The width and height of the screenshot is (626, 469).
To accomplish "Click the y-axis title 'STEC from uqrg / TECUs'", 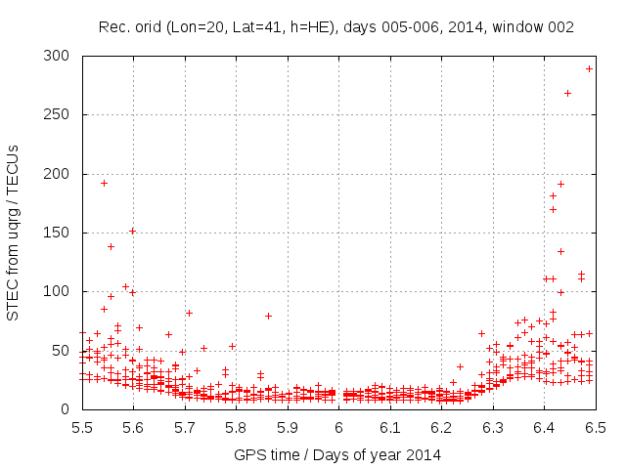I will (13, 233).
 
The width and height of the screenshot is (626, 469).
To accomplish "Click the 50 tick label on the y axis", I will (66, 350).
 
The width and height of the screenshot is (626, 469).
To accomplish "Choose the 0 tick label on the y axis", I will (69, 408).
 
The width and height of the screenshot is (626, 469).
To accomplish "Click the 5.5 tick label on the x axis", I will (82, 428).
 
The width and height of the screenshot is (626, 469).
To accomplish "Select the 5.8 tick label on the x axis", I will (236, 428).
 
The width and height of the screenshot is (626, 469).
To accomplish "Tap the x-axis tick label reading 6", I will (338, 428).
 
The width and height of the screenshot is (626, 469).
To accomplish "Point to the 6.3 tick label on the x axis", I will (492, 428).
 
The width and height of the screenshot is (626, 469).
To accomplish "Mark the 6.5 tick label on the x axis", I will (595, 428).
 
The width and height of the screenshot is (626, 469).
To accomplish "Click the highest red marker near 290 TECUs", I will (589, 68).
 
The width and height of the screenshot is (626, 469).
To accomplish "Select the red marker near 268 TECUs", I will (567, 94).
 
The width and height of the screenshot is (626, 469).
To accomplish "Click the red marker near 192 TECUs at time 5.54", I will (104, 183).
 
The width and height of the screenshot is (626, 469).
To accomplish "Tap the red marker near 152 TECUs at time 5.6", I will (132, 231).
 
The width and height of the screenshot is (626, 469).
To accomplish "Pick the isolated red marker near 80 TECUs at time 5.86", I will (268, 316).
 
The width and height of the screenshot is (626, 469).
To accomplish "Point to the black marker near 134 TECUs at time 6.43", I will (560, 251).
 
